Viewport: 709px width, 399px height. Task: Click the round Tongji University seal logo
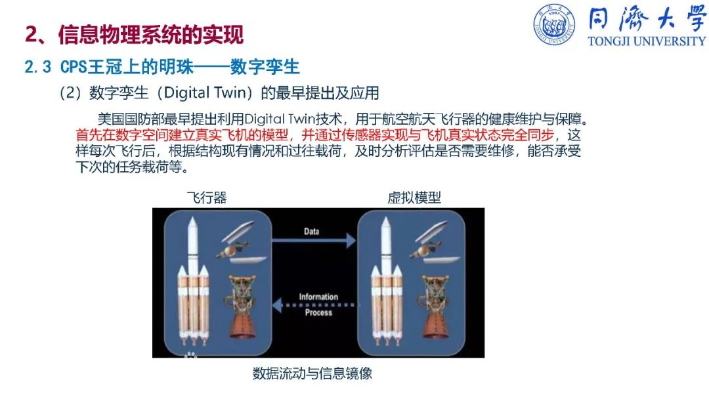(554, 25)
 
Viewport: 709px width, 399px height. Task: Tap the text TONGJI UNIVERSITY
(647, 41)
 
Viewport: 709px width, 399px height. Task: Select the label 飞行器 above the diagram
(207, 198)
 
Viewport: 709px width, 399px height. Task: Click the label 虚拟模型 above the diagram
(414, 198)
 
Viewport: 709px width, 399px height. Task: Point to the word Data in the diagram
(312, 232)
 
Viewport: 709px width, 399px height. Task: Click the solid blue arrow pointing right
(314, 240)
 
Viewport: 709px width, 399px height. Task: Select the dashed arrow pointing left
(314, 305)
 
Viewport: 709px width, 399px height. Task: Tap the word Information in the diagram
(318, 297)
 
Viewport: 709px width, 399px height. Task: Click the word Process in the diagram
(318, 312)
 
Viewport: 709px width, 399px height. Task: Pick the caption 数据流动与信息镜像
(312, 373)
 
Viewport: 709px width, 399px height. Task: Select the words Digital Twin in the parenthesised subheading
(207, 93)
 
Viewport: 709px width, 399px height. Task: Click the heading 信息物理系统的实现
(151, 35)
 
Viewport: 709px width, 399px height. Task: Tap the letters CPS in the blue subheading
(74, 67)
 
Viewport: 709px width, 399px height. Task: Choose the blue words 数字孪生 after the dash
(265, 67)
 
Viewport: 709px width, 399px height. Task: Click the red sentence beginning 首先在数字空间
(314, 135)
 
